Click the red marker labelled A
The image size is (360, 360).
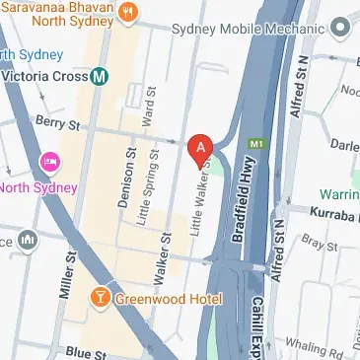pyautogui.click(x=200, y=149)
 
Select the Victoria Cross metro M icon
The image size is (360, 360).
pyautogui.click(x=99, y=75)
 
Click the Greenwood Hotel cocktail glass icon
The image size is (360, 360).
pyautogui.click(x=100, y=298)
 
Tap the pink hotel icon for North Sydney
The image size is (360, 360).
pyautogui.click(x=47, y=161)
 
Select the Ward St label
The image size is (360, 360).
pyautogui.click(x=148, y=103)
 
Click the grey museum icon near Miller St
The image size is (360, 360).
pyautogui.click(x=28, y=239)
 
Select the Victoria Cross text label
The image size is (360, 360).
pyautogui.click(x=44, y=75)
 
